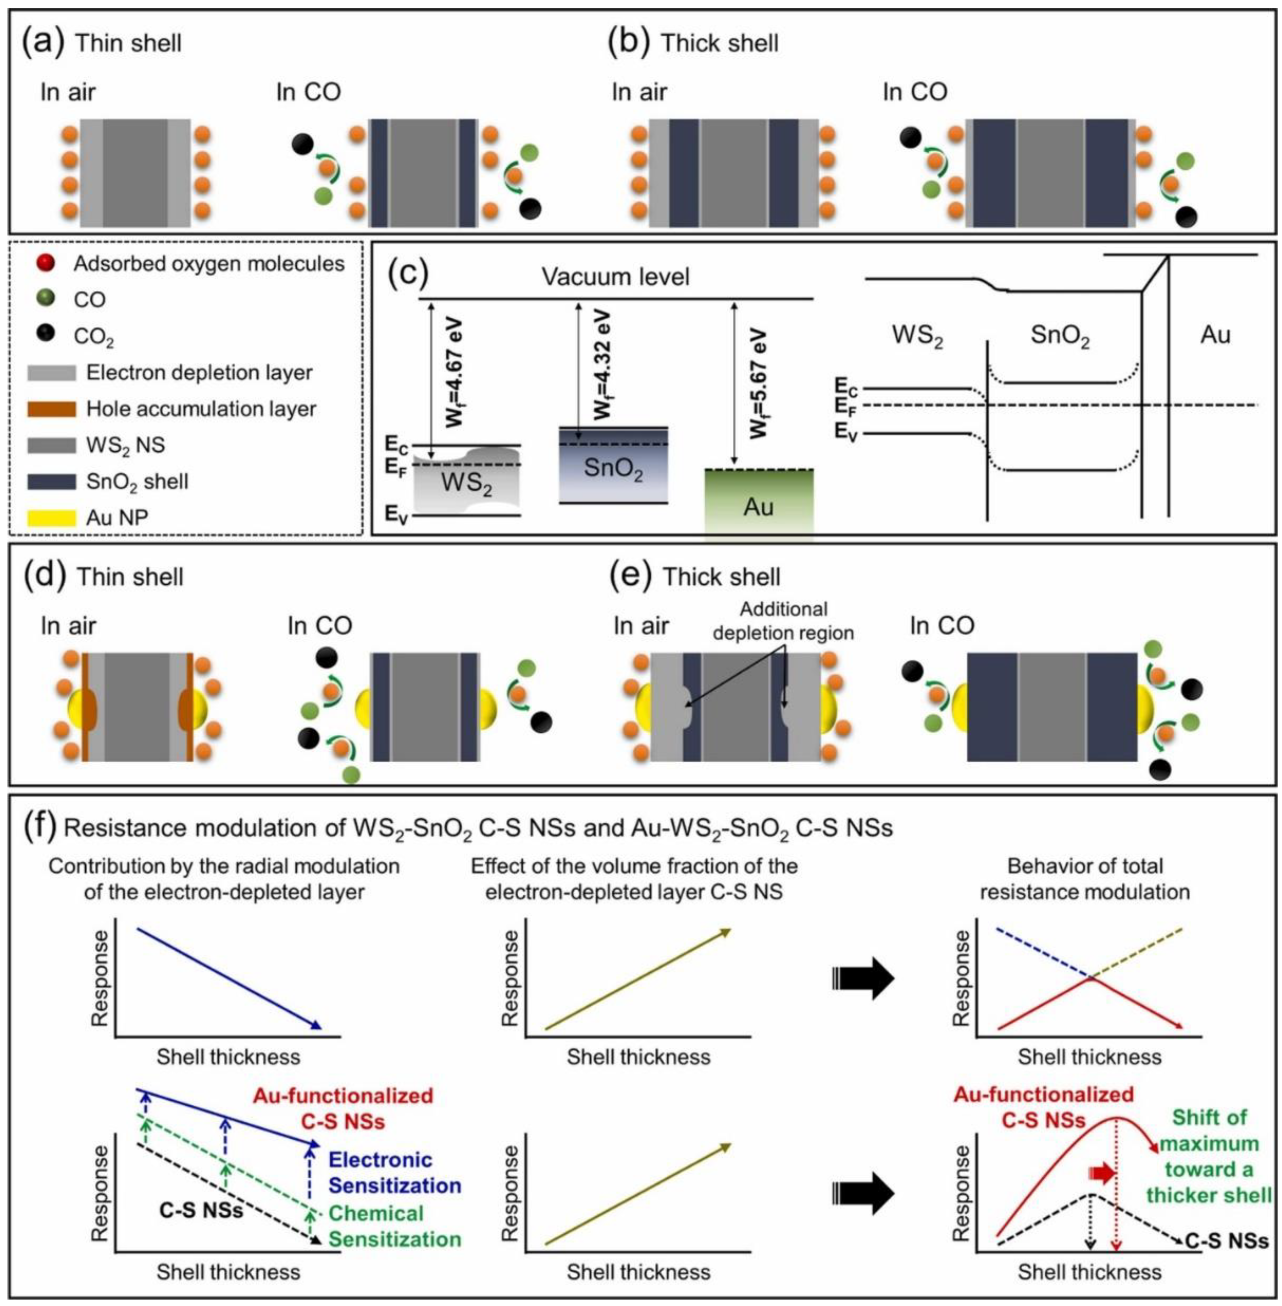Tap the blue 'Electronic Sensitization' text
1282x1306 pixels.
[395, 1172]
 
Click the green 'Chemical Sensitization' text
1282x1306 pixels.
[395, 1226]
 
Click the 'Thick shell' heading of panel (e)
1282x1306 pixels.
[721, 577]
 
